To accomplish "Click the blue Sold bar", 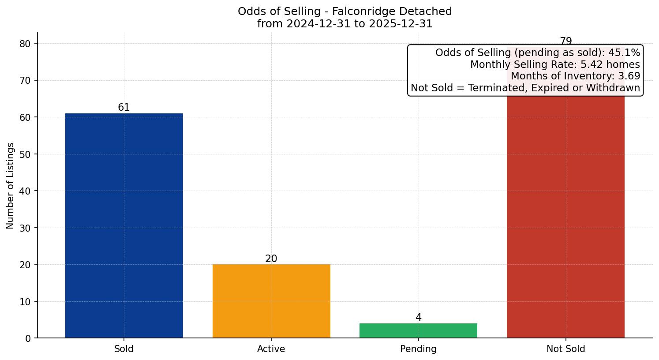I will (x=124, y=225).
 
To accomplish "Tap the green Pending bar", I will (x=418, y=330).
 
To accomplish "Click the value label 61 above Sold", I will (x=124, y=108).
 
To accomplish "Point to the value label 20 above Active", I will (x=271, y=259).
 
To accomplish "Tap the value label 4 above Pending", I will (x=419, y=318).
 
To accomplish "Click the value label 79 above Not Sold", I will (x=566, y=41).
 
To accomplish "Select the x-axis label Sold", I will (x=124, y=349).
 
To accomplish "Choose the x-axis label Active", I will (x=271, y=349).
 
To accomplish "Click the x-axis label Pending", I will (x=418, y=349).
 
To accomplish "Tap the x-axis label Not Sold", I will (x=566, y=349).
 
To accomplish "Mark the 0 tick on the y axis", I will (x=29, y=338).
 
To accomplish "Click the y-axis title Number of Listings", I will (x=11, y=186).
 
